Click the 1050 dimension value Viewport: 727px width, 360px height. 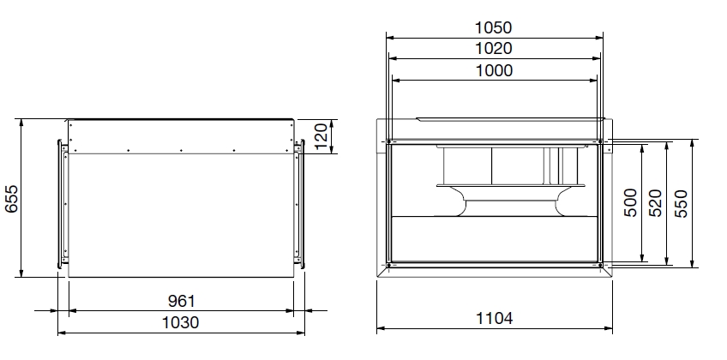pyautogui.click(x=493, y=27)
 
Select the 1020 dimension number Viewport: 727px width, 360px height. pyautogui.click(x=493, y=48)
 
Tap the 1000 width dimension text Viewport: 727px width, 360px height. pyautogui.click(x=495, y=70)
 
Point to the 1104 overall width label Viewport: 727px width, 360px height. pyautogui.click(x=495, y=318)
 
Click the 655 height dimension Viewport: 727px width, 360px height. pyautogui.click(x=11, y=199)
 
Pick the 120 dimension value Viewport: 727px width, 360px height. pyautogui.click(x=321, y=136)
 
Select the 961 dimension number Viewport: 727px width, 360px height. pyautogui.click(x=181, y=301)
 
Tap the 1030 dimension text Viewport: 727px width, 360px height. pyautogui.click(x=180, y=322)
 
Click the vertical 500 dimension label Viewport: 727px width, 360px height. pyautogui.click(x=631, y=202)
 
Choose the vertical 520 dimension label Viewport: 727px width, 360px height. pyautogui.click(x=655, y=202)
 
